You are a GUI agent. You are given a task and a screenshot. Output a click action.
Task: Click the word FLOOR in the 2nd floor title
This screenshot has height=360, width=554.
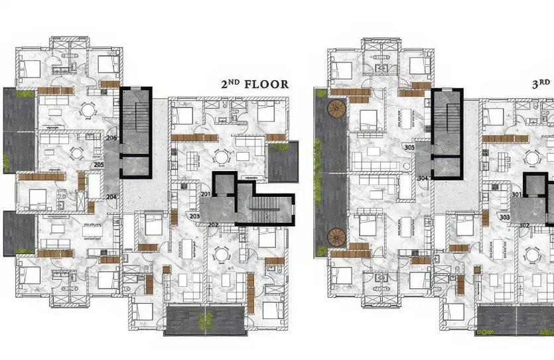(267, 84)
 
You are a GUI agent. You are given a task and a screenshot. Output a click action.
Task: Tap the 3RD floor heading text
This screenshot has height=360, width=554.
(543, 84)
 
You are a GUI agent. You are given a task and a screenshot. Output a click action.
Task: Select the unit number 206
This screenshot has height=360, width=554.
(111, 138)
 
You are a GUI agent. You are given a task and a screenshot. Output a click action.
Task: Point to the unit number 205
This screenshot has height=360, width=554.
(99, 164)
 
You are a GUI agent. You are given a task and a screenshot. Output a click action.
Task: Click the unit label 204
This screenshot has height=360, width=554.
(111, 197)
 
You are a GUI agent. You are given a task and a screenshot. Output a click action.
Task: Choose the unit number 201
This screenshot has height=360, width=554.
(206, 194)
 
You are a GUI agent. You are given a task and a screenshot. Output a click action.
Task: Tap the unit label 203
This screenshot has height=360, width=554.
(194, 216)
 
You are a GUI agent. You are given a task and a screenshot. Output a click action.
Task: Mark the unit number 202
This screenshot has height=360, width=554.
(213, 225)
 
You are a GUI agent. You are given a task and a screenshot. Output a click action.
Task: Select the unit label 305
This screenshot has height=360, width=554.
(409, 147)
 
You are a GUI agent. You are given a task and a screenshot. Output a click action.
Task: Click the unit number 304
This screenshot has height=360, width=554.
(422, 178)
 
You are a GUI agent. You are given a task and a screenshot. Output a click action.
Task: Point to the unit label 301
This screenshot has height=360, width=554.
(516, 194)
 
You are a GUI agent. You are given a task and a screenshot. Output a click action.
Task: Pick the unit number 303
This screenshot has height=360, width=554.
(505, 217)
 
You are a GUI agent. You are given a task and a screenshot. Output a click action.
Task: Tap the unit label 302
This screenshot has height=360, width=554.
(523, 225)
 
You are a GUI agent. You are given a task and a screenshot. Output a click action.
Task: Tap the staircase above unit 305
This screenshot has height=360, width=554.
(448, 119)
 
